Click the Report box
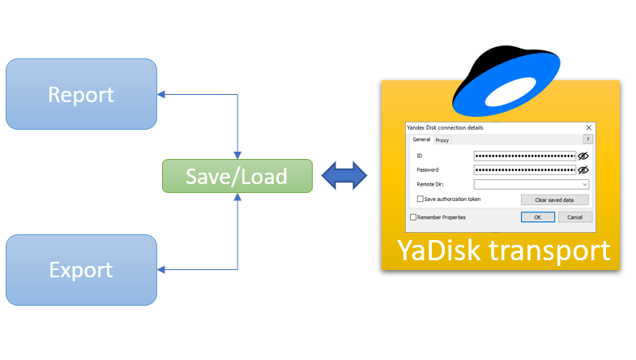coord(81,94)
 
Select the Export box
coord(81,269)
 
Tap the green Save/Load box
coord(237,176)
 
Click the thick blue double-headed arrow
coord(345,176)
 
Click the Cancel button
coord(575,217)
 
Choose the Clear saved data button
coord(554,199)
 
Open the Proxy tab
coord(442,140)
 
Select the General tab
coord(421,139)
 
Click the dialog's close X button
coord(588,128)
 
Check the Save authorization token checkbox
coord(420,199)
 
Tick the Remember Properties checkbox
coord(413,217)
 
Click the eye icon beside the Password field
coord(583,169)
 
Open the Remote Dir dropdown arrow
coord(584,185)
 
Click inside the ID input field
coord(524,155)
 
